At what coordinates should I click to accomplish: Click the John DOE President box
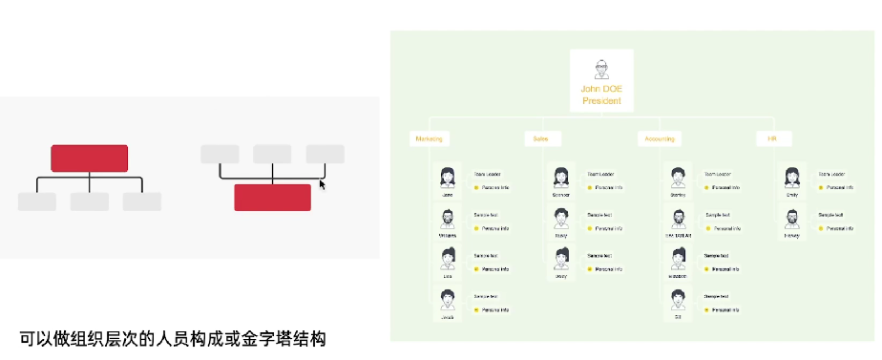(x=601, y=81)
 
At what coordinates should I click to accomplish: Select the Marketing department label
(x=429, y=138)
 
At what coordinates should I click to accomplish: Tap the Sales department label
(x=535, y=138)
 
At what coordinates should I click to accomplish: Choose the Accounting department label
(x=660, y=138)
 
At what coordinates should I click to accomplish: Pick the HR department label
(x=772, y=138)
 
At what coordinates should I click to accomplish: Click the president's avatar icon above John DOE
(x=601, y=69)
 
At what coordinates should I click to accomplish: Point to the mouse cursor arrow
(x=324, y=183)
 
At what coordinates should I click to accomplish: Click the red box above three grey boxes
(x=89, y=159)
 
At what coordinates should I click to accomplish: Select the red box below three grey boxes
(x=272, y=197)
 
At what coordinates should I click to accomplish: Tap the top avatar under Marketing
(x=447, y=178)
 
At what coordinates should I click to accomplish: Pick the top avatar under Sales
(x=561, y=178)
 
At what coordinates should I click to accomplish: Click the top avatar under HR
(x=791, y=178)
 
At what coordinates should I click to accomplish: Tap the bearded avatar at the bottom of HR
(x=791, y=219)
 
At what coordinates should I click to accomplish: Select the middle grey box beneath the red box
(x=89, y=201)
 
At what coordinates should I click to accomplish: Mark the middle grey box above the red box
(x=272, y=154)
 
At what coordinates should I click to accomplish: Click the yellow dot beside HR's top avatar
(x=820, y=188)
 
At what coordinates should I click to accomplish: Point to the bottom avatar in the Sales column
(x=561, y=260)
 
